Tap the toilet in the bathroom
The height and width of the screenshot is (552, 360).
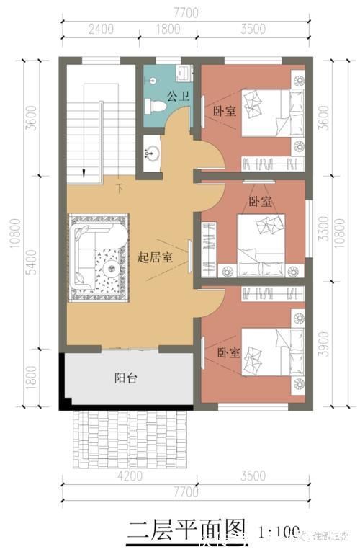tap(156, 107)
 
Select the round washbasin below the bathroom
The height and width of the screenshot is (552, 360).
tap(153, 153)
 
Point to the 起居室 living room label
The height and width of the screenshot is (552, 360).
tap(155, 258)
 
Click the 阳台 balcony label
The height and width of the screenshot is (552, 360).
tap(127, 378)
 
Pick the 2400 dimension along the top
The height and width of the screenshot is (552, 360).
tap(101, 30)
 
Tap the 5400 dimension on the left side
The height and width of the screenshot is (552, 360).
tap(30, 265)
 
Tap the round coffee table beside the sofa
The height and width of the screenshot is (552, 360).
tap(112, 267)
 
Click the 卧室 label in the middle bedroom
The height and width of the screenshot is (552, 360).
tap(260, 202)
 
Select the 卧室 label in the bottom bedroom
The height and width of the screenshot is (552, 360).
tap(229, 353)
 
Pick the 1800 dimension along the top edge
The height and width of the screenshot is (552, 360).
tap(168, 30)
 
